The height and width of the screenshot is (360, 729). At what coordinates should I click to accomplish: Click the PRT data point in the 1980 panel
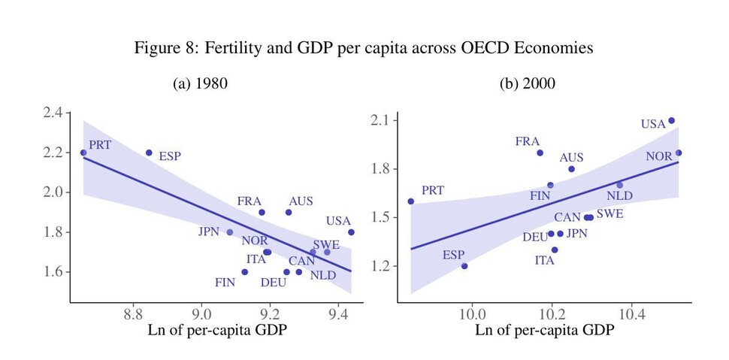[x=83, y=153]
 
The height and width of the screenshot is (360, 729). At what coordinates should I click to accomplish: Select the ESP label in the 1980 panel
[x=169, y=157]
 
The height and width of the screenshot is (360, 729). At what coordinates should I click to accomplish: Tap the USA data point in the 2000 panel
[x=671, y=120]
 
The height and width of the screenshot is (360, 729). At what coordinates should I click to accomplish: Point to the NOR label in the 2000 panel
[x=659, y=156]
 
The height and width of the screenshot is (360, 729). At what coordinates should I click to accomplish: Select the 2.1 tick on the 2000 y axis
[x=385, y=120]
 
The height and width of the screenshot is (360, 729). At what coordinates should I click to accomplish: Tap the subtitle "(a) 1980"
[x=201, y=83]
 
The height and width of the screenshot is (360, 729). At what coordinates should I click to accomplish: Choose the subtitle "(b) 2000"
[x=528, y=83]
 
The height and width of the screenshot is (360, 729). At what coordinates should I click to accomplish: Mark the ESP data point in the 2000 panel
[x=464, y=266]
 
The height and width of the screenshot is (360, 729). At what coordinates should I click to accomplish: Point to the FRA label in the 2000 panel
[x=528, y=141]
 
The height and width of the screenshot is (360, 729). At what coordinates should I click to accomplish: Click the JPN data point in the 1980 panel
[x=230, y=232]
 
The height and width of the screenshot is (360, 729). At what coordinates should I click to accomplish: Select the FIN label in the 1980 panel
[x=225, y=283]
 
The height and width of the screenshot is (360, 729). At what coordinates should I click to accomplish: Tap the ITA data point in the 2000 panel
[x=555, y=250]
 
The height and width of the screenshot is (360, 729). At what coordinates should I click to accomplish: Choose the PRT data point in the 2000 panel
[x=410, y=201]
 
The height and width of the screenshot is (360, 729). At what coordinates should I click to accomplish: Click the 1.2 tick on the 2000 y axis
[x=385, y=266]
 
